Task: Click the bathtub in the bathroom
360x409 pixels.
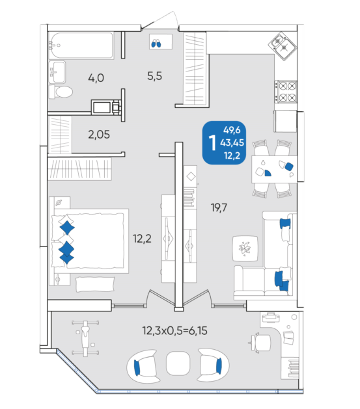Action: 81,45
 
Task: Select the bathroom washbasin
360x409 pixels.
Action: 57,72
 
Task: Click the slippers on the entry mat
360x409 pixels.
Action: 156,43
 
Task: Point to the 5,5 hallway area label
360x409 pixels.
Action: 154,76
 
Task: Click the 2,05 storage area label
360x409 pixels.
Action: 99,135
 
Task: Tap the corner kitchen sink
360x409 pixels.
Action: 283,46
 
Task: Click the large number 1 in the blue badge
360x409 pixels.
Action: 213,143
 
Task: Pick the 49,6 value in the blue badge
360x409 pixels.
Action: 232,130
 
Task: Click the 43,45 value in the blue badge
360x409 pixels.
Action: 232,142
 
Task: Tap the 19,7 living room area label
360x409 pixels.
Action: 219,207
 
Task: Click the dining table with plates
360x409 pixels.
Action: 274,169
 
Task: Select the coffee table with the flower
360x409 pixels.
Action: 245,248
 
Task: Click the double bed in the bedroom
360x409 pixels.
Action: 89,241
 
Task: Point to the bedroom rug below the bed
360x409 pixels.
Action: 95,284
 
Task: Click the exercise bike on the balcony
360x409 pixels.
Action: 85,338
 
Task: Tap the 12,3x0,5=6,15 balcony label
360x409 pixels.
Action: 174,331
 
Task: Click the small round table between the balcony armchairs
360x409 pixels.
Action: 178,363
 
